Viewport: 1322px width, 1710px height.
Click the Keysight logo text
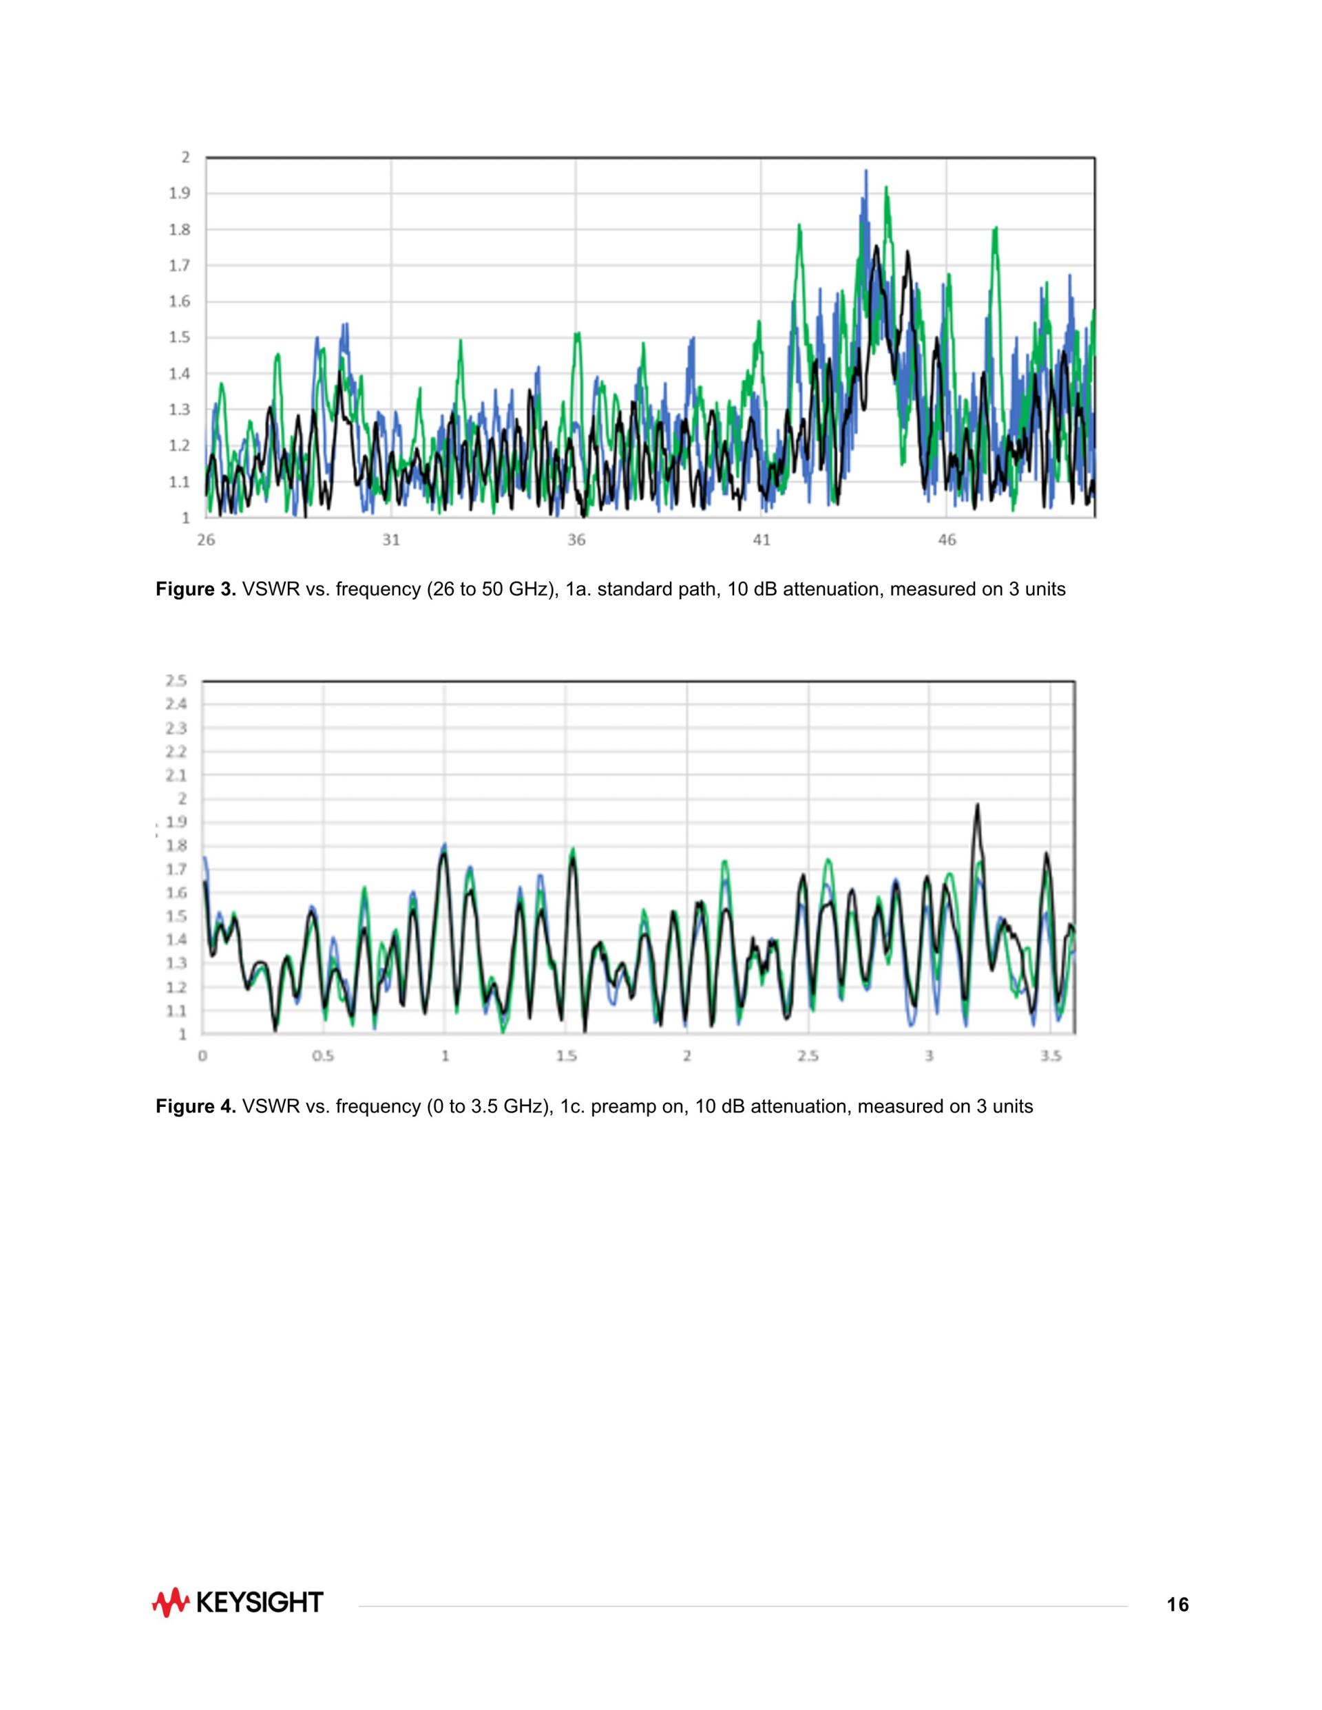(x=258, y=1603)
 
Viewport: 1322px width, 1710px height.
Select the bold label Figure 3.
(x=196, y=589)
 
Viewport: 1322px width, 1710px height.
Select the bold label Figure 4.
(x=196, y=1106)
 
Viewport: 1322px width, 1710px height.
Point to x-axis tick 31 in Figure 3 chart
(x=391, y=540)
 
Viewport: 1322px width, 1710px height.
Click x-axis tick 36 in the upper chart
(x=576, y=540)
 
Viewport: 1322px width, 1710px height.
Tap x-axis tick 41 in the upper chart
(x=762, y=540)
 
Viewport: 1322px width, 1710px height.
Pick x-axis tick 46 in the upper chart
(x=947, y=540)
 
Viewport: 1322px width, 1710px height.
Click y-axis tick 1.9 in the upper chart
(x=180, y=193)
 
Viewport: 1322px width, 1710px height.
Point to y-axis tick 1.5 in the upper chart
(x=180, y=337)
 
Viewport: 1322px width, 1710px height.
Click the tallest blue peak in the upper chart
(x=865, y=171)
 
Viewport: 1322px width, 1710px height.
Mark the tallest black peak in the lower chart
(x=976, y=805)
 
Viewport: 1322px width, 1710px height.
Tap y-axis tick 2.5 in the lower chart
(x=176, y=680)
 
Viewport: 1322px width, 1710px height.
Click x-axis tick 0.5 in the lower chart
(x=323, y=1056)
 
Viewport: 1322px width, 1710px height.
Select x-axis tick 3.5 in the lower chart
(x=1051, y=1056)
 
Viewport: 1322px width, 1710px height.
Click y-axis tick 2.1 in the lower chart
(x=176, y=775)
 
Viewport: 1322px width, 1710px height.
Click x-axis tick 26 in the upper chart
(x=206, y=540)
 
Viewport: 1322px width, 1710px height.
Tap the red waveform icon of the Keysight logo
(x=170, y=1603)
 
